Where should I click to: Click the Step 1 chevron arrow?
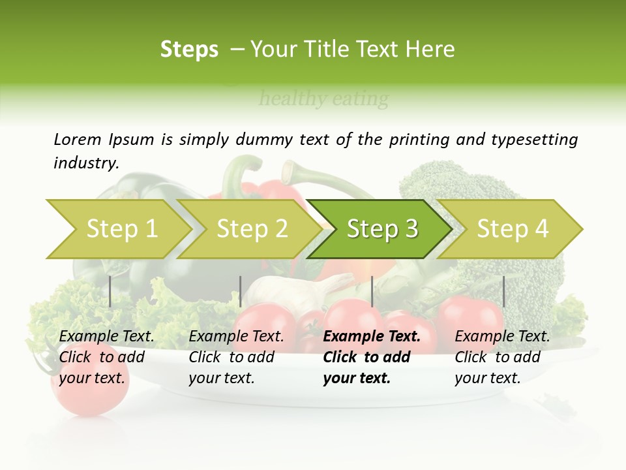pyautogui.click(x=121, y=229)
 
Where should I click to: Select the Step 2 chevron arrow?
pyautogui.click(x=251, y=229)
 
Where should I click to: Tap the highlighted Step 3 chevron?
pyautogui.click(x=381, y=229)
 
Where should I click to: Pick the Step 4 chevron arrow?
pyautogui.click(x=512, y=229)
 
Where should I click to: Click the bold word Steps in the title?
pyautogui.click(x=189, y=50)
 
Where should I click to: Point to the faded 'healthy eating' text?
pyautogui.click(x=323, y=99)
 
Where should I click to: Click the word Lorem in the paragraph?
pyautogui.click(x=77, y=139)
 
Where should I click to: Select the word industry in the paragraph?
pyautogui.click(x=85, y=163)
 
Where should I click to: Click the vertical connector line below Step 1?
pyautogui.click(x=110, y=291)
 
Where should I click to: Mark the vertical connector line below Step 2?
pyautogui.click(x=241, y=291)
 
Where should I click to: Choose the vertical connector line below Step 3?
pyautogui.click(x=372, y=291)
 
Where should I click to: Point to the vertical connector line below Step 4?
pyautogui.click(x=503, y=291)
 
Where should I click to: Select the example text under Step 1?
pyautogui.click(x=106, y=357)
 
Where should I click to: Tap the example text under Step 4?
pyautogui.click(x=501, y=357)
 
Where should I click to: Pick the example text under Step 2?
pyautogui.click(x=236, y=357)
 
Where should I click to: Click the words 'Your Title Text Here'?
pyautogui.click(x=352, y=50)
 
